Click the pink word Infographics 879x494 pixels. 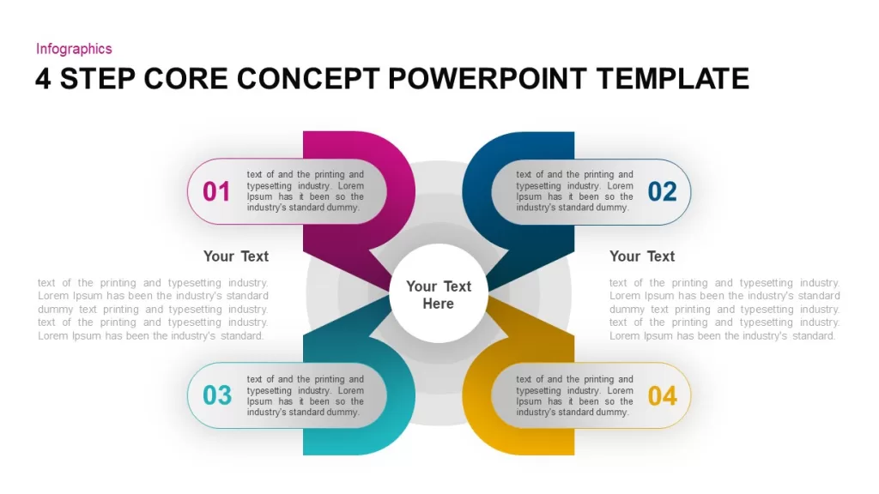coord(74,49)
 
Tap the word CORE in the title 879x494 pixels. coord(185,78)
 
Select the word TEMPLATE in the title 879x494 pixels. coord(673,78)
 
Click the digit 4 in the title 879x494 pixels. coord(43,78)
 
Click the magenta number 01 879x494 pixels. coord(216,191)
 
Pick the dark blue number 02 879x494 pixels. coord(662,191)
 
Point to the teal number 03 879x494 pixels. coord(217,395)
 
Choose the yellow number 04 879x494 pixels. coord(662,396)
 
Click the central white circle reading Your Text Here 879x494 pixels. coord(439,293)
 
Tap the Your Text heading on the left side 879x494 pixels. coord(236,256)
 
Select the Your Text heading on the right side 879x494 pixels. coord(642,256)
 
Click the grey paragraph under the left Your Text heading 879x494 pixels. coord(153,309)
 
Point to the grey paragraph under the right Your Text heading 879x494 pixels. coord(724,309)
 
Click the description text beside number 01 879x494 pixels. coord(306,191)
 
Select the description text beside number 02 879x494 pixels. coord(574,191)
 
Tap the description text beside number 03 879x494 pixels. coord(306,395)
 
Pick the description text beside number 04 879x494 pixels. coord(574,395)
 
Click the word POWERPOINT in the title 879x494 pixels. coord(488,78)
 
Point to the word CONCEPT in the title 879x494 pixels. coord(308,78)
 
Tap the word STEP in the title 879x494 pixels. coord(98,78)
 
